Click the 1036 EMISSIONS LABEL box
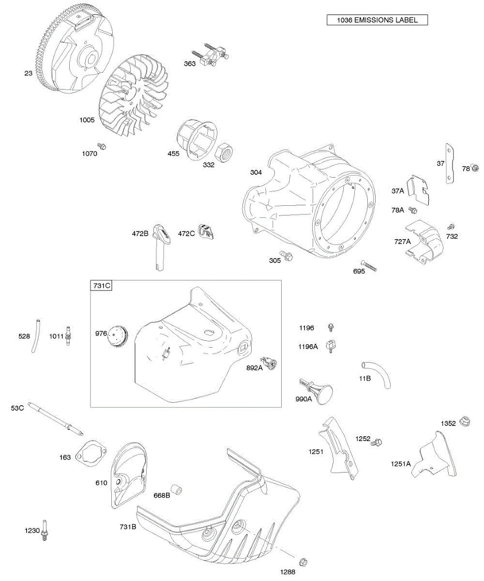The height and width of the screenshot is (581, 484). click(377, 20)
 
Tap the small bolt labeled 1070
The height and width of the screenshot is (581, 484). click(102, 146)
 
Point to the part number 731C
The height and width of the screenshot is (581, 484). click(101, 286)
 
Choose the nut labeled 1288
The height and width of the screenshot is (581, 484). click(303, 562)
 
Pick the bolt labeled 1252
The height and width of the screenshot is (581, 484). click(377, 442)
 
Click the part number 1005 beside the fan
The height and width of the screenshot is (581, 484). click(88, 119)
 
